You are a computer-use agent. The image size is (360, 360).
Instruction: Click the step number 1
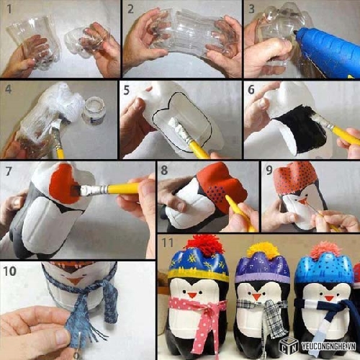(9, 9)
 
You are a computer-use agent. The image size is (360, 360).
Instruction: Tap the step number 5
(127, 90)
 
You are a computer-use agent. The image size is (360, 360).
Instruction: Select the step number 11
(167, 243)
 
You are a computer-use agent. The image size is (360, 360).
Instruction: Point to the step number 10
(10, 271)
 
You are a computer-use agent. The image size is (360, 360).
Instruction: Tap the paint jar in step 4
(94, 110)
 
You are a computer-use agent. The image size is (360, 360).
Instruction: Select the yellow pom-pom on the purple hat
(264, 251)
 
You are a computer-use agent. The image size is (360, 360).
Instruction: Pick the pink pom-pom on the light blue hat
(325, 250)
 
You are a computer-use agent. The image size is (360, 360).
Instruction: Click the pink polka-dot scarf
(202, 317)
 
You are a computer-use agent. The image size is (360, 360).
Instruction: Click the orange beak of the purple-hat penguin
(256, 297)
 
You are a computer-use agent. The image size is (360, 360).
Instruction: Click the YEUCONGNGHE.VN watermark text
(328, 346)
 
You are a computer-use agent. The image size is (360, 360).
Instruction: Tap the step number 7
(9, 171)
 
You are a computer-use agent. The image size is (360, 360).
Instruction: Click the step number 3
(251, 9)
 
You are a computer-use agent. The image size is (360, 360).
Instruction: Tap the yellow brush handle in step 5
(199, 150)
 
